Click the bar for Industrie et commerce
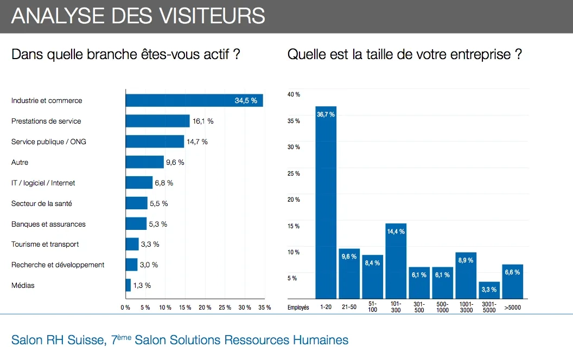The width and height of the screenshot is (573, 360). click(194, 100)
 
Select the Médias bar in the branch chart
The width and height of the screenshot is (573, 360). click(128, 285)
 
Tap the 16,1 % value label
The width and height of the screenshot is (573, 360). click(203, 121)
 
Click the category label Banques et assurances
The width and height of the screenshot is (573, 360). click(48, 224)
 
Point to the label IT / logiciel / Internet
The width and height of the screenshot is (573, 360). click(43, 183)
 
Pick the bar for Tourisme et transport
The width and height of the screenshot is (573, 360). click(132, 244)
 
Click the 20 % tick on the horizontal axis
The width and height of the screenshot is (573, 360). click(205, 307)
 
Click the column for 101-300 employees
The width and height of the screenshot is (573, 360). click(396, 261)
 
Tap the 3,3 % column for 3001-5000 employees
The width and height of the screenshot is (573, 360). click(489, 290)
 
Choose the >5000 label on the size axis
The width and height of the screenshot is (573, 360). click(512, 307)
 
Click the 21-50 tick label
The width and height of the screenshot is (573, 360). click(349, 307)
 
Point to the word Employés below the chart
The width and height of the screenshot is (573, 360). click(298, 307)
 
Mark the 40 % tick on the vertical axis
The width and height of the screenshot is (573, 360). click(294, 95)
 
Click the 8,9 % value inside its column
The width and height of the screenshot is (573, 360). click(466, 260)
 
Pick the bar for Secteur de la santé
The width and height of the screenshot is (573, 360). click(136, 203)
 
